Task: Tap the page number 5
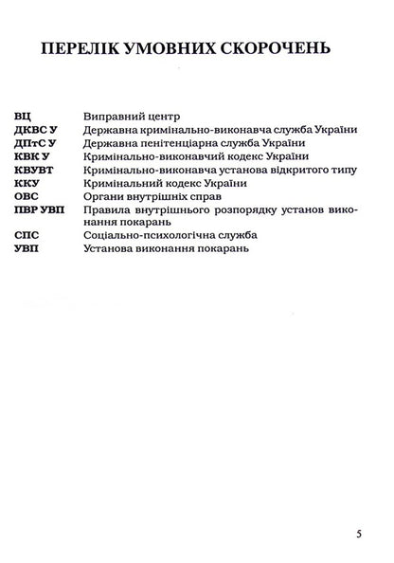click(x=360, y=534)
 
